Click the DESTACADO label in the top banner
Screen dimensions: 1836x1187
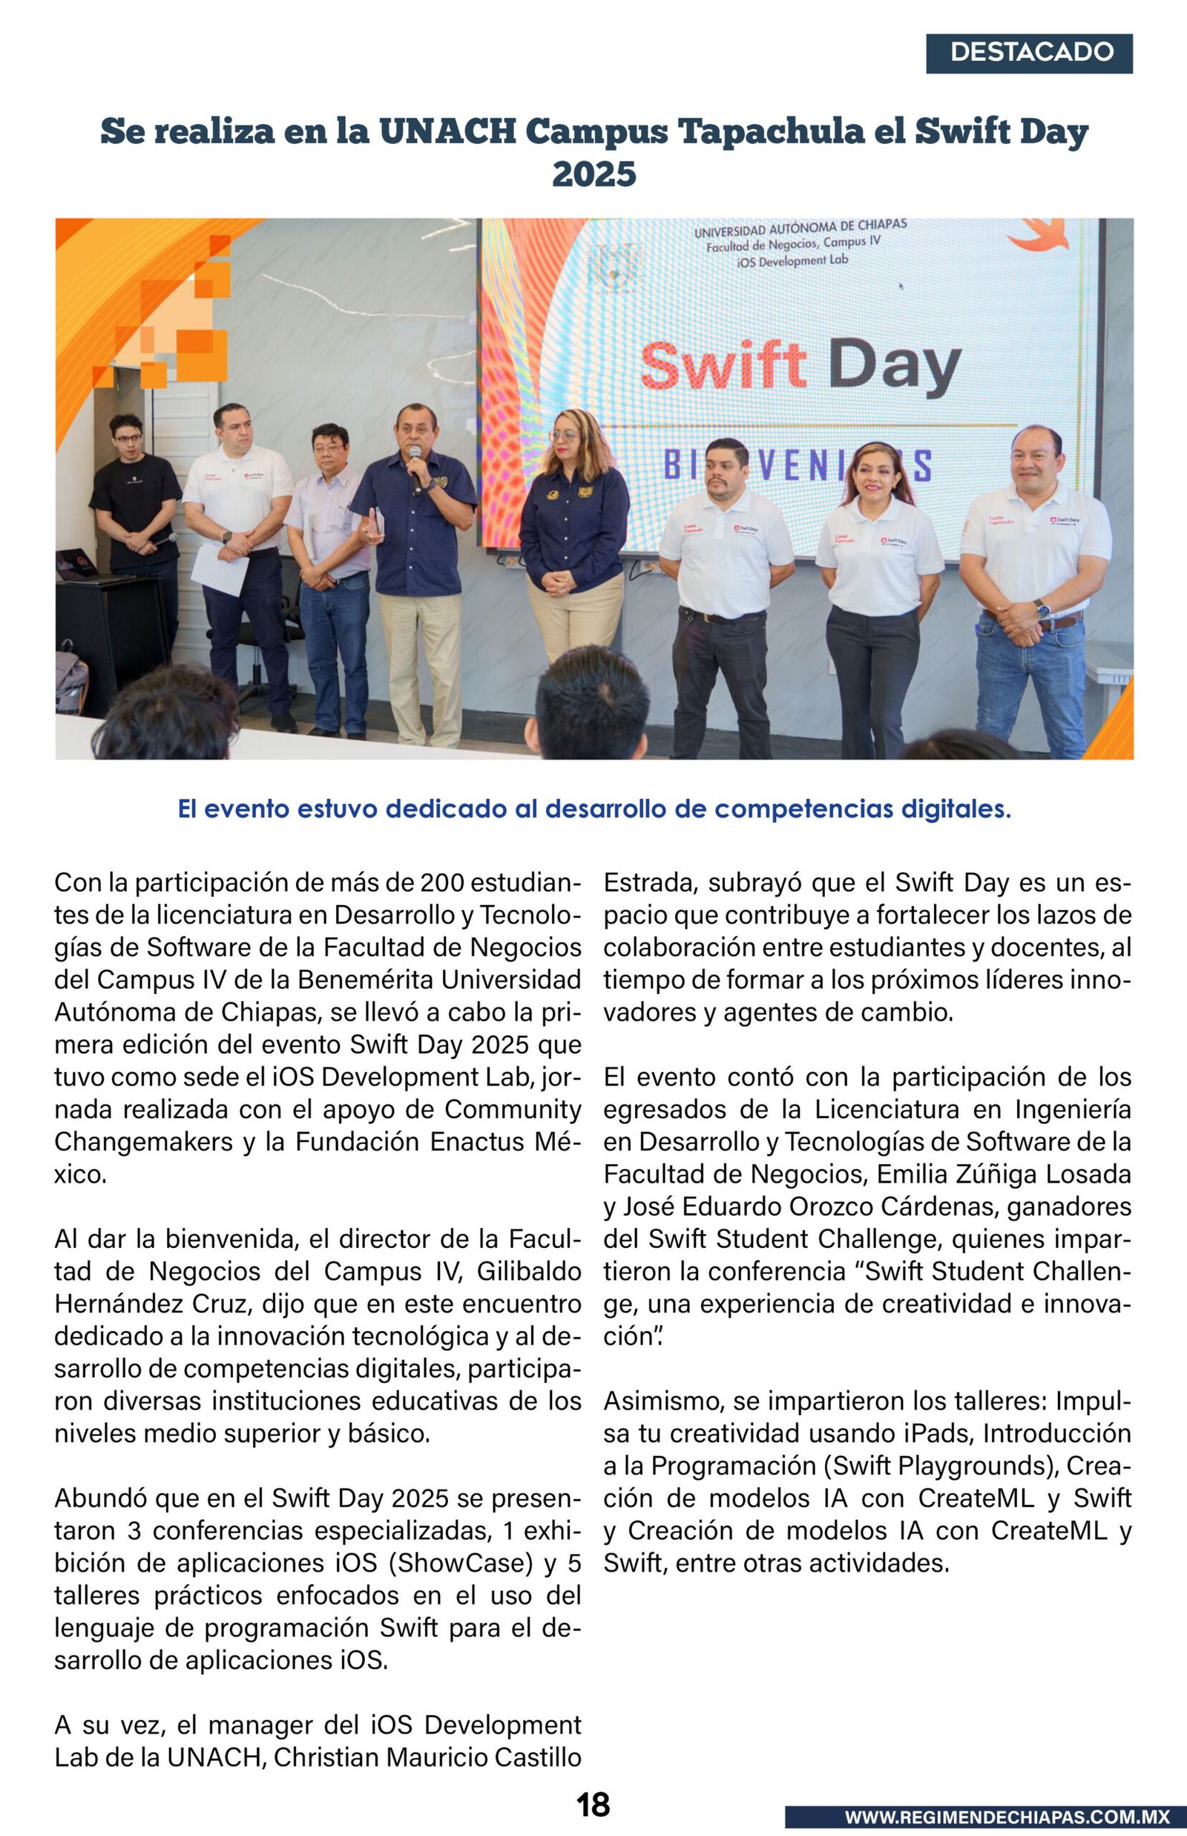(1030, 53)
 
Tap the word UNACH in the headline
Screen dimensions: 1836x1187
(447, 131)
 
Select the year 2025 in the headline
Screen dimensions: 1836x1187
(593, 174)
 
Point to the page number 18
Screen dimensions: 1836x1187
(593, 1803)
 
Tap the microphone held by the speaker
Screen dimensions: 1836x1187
(415, 465)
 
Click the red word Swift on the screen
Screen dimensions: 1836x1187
(723, 365)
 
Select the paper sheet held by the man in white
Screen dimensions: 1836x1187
(220, 570)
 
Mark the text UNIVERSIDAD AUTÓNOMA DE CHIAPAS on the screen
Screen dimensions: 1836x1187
(800, 228)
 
